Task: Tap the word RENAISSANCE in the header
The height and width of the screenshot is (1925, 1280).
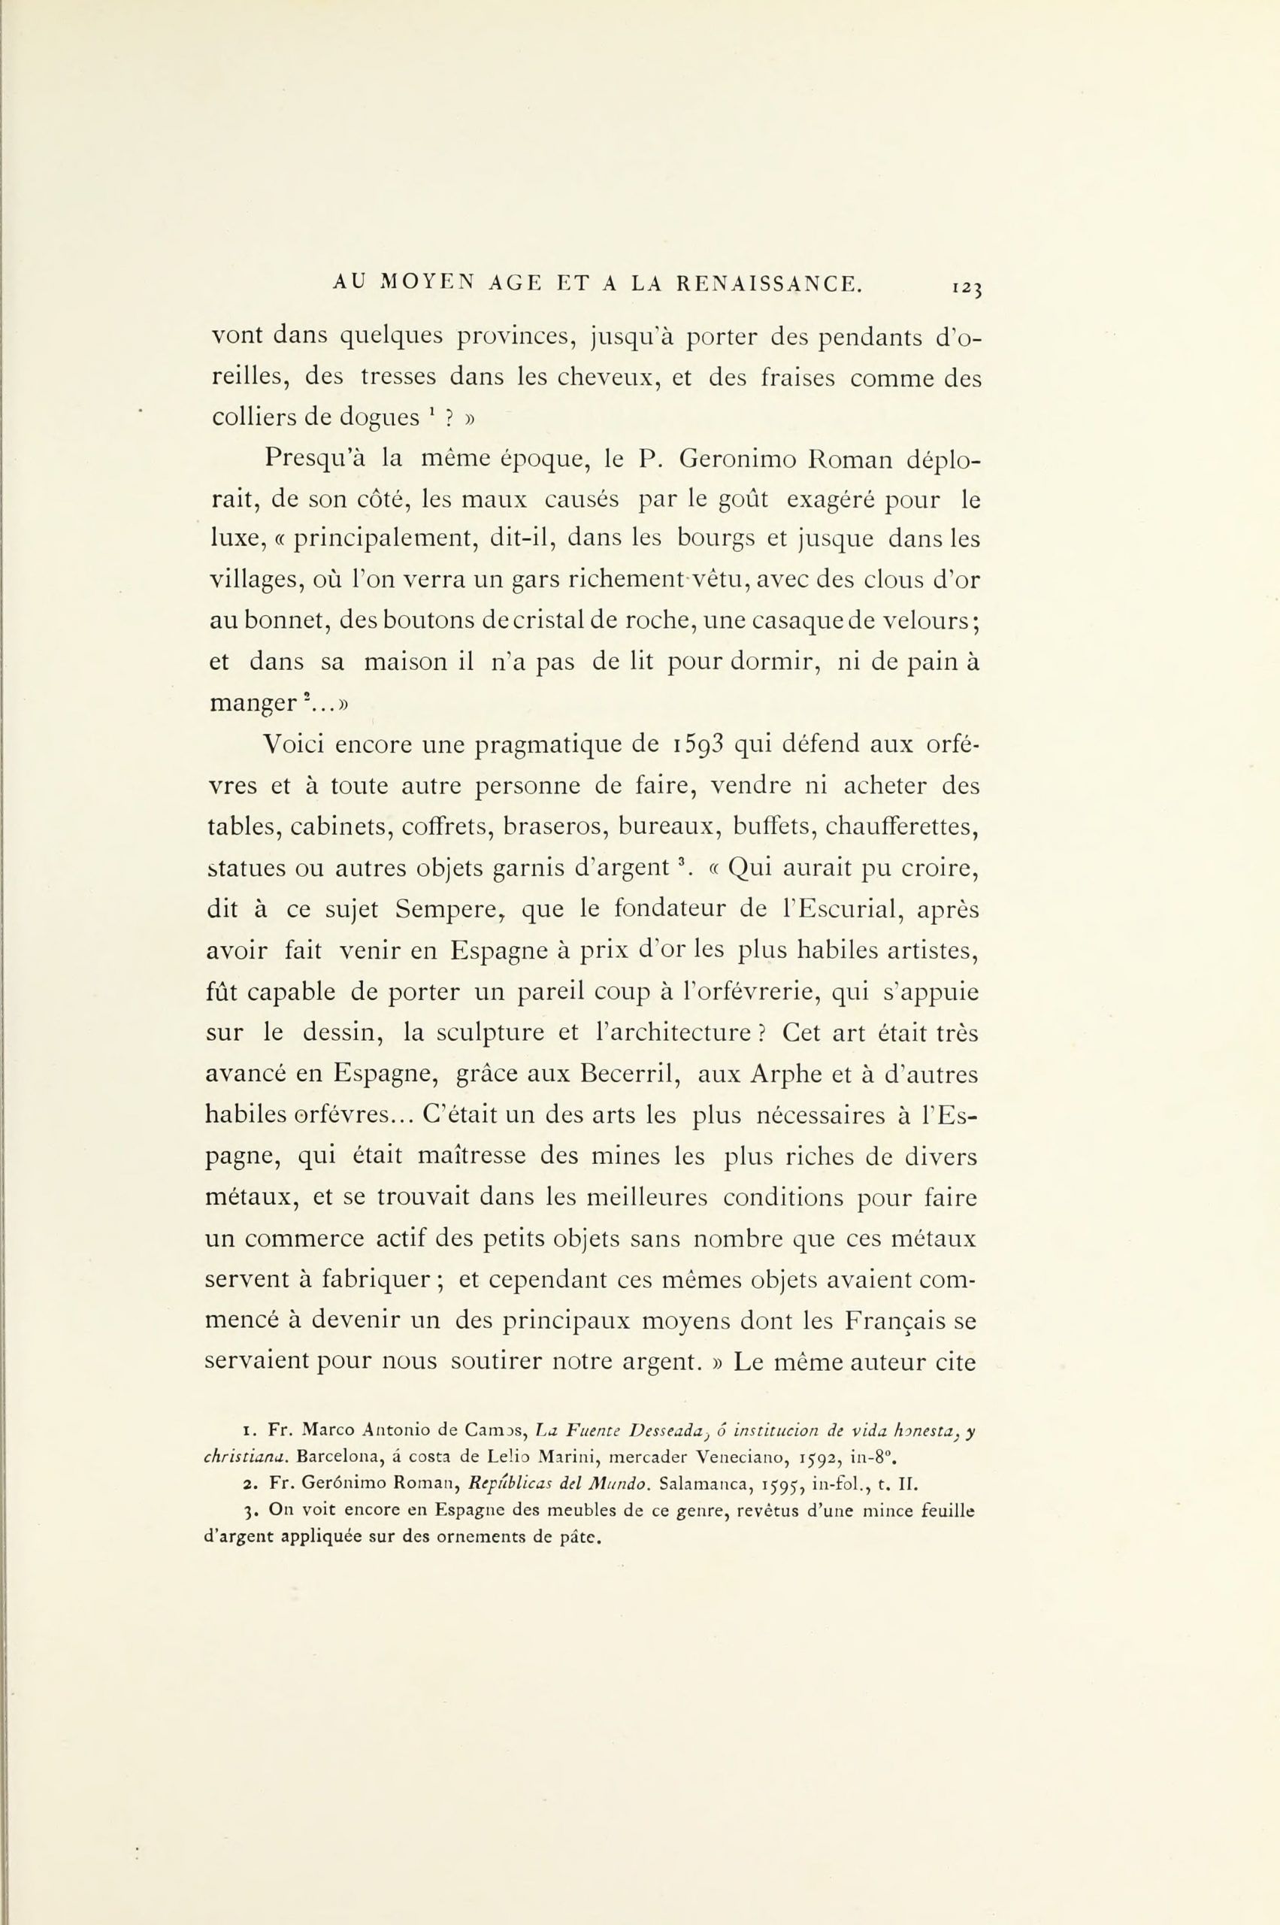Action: (x=769, y=283)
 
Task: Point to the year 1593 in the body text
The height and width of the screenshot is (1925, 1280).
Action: (x=701, y=745)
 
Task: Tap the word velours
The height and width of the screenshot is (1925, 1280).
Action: (x=927, y=620)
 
